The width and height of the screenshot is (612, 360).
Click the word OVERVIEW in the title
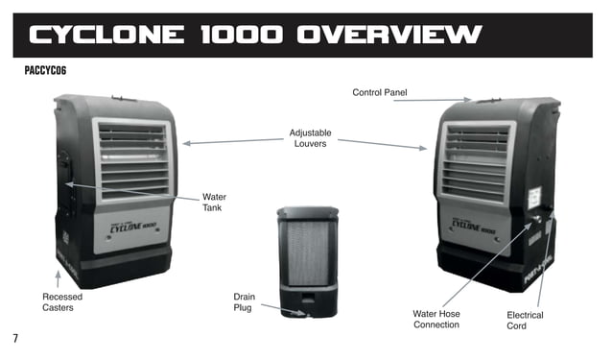[387, 36]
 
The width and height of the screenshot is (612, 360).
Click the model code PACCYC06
[45, 71]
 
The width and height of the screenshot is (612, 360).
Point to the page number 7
[15, 338]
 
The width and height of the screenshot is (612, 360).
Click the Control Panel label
[380, 92]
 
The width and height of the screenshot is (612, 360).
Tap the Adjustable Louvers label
[308, 137]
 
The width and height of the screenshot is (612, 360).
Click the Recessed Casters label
[62, 302]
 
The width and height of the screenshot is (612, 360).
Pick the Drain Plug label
[244, 302]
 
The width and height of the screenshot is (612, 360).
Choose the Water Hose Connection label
[436, 319]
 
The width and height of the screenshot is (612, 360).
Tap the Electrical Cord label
[525, 320]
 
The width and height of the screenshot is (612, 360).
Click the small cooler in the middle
[308, 260]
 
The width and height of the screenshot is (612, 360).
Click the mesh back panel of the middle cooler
[308, 250]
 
